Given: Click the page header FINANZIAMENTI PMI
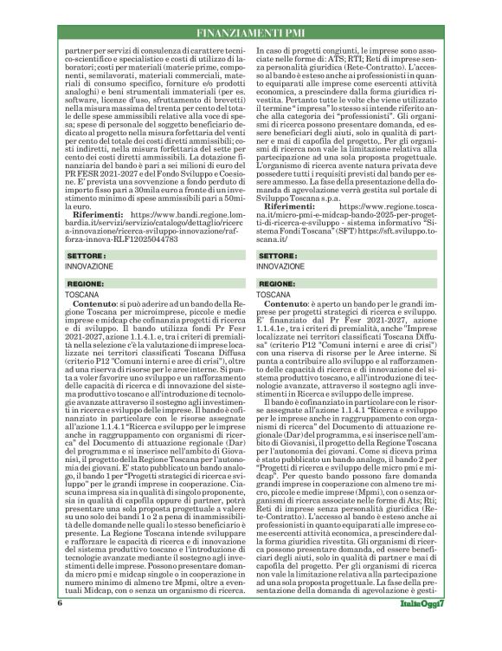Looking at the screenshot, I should [250, 32].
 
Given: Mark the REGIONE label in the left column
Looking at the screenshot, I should [86, 283].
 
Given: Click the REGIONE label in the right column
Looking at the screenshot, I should [278, 283].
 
